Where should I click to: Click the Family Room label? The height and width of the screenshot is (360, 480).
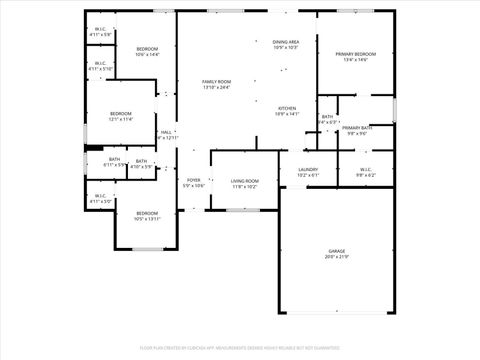[x=216, y=82]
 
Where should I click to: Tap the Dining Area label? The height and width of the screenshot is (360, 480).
[x=286, y=42]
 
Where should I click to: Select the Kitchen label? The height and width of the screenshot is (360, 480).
[x=287, y=108]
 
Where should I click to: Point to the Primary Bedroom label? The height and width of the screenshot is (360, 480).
[x=355, y=54]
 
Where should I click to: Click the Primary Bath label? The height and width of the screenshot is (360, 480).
[x=357, y=128]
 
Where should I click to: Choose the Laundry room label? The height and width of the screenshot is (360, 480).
[x=308, y=170]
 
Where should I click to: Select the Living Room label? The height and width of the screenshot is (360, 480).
[x=245, y=181]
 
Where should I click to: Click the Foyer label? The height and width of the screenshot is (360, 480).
[x=193, y=180]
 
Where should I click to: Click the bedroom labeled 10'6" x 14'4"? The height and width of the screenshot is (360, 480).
[x=147, y=49]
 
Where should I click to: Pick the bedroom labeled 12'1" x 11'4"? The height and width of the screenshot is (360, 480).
[x=120, y=114]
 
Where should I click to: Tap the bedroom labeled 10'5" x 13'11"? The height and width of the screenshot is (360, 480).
[x=147, y=213]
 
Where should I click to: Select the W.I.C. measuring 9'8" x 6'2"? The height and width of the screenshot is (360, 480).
[x=365, y=170]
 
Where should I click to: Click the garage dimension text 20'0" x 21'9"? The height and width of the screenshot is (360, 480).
[x=337, y=256]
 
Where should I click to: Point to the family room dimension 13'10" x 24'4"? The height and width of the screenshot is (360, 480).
[x=216, y=88]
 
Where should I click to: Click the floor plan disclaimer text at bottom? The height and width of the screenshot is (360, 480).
[x=240, y=347]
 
